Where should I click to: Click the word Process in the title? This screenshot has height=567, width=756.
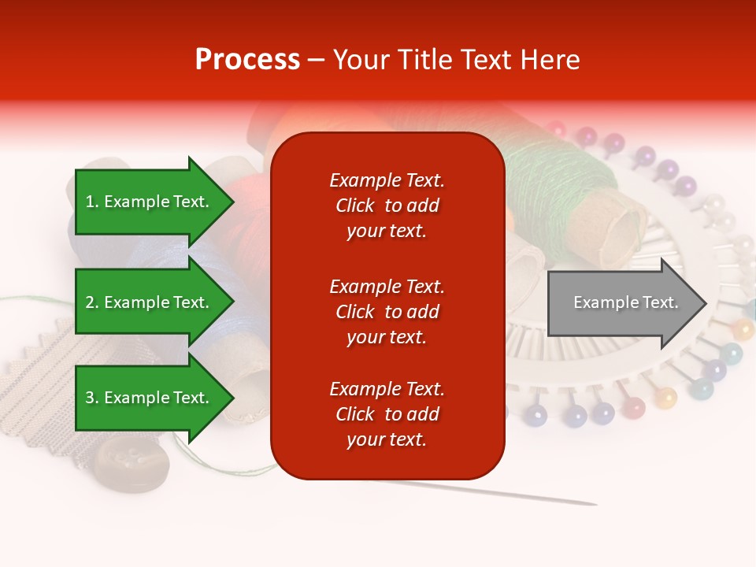click(x=247, y=60)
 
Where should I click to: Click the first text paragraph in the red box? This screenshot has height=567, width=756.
click(x=387, y=206)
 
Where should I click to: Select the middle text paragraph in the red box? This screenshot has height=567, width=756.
click(x=387, y=312)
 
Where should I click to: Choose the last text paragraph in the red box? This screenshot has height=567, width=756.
click(x=387, y=414)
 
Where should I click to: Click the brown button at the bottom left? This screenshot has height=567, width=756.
click(x=132, y=462)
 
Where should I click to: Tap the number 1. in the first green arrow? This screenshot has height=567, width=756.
click(x=91, y=202)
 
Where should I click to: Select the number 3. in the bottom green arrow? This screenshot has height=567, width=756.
click(x=91, y=398)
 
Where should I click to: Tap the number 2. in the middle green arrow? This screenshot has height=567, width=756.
click(x=91, y=302)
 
